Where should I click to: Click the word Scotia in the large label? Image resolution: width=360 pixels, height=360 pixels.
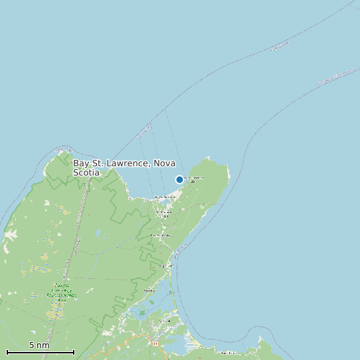86,173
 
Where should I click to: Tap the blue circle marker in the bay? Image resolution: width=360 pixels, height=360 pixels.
179,179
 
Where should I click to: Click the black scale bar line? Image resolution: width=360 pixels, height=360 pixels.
40,352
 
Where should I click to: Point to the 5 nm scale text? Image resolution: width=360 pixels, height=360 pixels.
39,345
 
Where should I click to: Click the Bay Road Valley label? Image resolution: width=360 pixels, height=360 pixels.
160,236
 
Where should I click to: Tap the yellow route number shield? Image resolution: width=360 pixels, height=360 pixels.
155,344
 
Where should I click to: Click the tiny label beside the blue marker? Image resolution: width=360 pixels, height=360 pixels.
194,179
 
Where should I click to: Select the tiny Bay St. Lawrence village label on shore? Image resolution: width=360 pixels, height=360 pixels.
166,197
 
